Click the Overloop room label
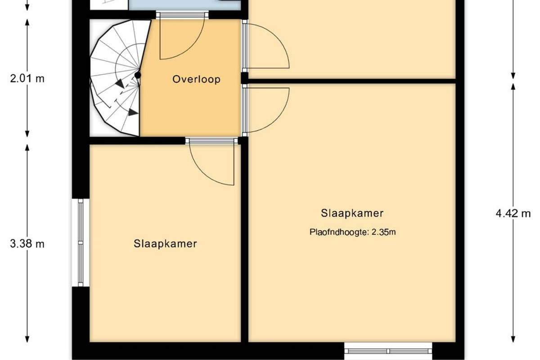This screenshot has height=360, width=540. coord(196,79)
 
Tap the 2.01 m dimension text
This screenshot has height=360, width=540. coord(27,79)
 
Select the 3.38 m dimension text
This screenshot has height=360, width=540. coord(27,244)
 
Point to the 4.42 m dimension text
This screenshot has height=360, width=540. coord(513,214)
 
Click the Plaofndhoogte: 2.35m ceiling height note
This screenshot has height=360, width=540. coord(352,232)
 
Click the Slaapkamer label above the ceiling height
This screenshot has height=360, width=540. coord(352,213)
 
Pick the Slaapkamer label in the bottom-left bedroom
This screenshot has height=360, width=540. coord(166,244)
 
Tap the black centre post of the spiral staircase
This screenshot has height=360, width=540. coord(138,75)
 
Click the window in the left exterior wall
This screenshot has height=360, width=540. coord(81,243)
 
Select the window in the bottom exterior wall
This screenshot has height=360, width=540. coord(388,351)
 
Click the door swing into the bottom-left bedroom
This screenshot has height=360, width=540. coord(211,165)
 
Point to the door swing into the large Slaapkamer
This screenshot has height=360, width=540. coord(268,110)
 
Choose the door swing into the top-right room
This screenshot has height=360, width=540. coord(268,46)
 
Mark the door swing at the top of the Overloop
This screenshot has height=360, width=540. coord(182,39)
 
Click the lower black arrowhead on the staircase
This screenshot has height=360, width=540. coord(133,112)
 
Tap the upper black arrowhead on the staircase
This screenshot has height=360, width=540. coord(120,84)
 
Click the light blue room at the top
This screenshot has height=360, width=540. coord(184,5)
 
